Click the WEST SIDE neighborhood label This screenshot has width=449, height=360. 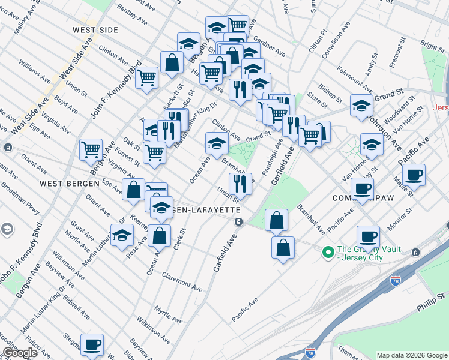coord(94,29)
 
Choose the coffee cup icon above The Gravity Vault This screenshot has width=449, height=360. coord(368,236)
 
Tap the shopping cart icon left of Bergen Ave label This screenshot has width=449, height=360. coord(91,149)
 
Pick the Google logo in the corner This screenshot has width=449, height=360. coord(20,353)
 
